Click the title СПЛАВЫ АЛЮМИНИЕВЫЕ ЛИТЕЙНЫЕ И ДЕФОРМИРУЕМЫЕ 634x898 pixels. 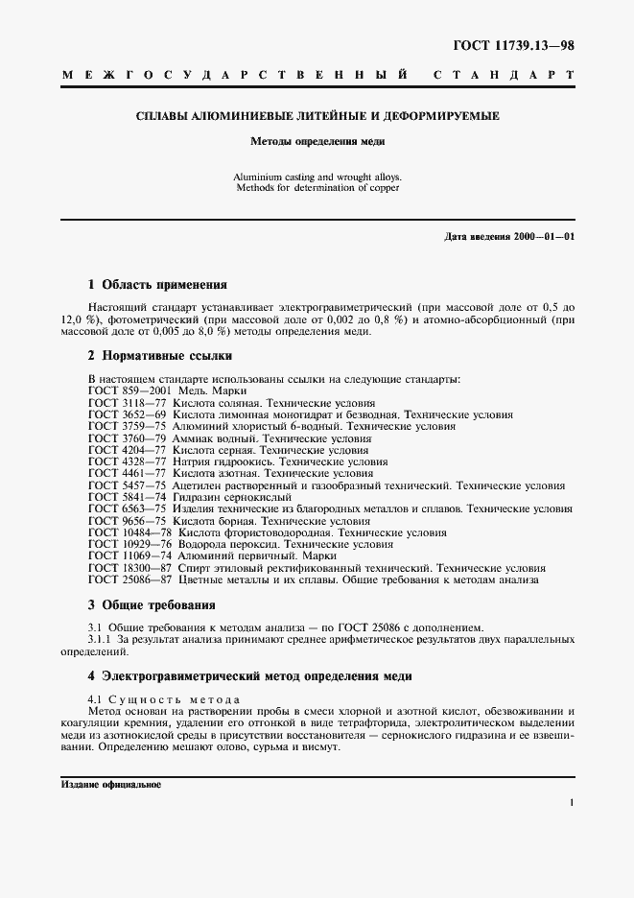click(317, 116)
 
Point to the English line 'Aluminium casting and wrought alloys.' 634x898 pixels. click(317, 177)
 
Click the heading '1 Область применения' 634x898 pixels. click(157, 285)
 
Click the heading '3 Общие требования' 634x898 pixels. click(152, 604)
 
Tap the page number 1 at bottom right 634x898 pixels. click(571, 803)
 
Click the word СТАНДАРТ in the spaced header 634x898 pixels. click(505, 74)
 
